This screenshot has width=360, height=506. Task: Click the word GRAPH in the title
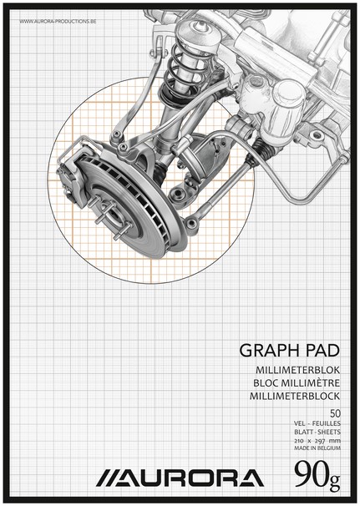pos(266,351)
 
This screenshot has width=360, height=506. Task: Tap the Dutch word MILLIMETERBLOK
pos(297,371)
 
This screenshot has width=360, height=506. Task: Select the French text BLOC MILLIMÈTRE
pos(297,383)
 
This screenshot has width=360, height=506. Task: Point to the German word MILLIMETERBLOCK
pos(295,396)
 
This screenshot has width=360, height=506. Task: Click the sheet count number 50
pos(335,413)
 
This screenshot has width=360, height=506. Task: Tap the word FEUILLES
pos(327,423)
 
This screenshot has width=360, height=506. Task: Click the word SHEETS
pos(328,432)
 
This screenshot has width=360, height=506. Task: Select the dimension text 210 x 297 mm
pos(317,441)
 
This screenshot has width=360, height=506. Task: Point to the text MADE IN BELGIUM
pos(317,448)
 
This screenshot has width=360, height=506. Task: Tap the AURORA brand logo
pos(180,478)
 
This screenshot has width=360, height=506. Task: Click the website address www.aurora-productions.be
pos(58,22)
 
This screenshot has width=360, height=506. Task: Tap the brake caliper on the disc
pos(73,176)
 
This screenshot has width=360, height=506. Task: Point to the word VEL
pos(299,423)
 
